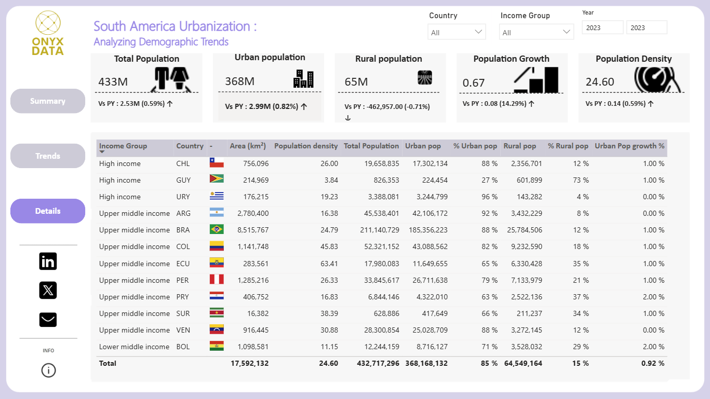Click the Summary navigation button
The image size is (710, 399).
coord(48,101)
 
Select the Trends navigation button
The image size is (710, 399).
coord(48,156)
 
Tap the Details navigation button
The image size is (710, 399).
coord(48,211)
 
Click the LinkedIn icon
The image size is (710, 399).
coord(48,262)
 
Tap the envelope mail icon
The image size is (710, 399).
coord(48,320)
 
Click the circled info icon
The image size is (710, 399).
coord(48,370)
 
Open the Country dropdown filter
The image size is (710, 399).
coord(457,32)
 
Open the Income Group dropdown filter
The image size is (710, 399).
coord(537,32)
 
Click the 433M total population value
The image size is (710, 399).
coord(113,81)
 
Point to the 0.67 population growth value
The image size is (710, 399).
coord(474,83)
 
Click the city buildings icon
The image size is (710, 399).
coord(303,78)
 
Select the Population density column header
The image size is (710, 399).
coord(306,146)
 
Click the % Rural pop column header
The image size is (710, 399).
coord(568,146)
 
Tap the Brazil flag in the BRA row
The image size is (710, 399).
coord(217,229)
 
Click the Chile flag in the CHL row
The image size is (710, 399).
coord(217,163)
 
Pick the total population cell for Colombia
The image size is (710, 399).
coord(382,246)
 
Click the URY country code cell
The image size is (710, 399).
coord(183,197)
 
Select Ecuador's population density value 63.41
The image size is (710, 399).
coord(329,264)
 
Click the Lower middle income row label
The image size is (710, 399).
coord(134,347)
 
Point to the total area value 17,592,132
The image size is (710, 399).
coord(249,363)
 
